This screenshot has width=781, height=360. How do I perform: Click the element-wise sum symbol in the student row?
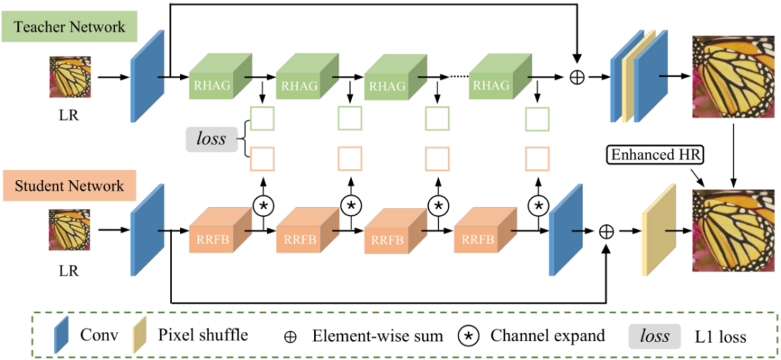pos(606,231)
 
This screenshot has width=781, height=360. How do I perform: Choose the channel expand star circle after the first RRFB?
pos(263,205)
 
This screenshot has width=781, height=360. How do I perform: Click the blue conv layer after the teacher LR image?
pos(142,76)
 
